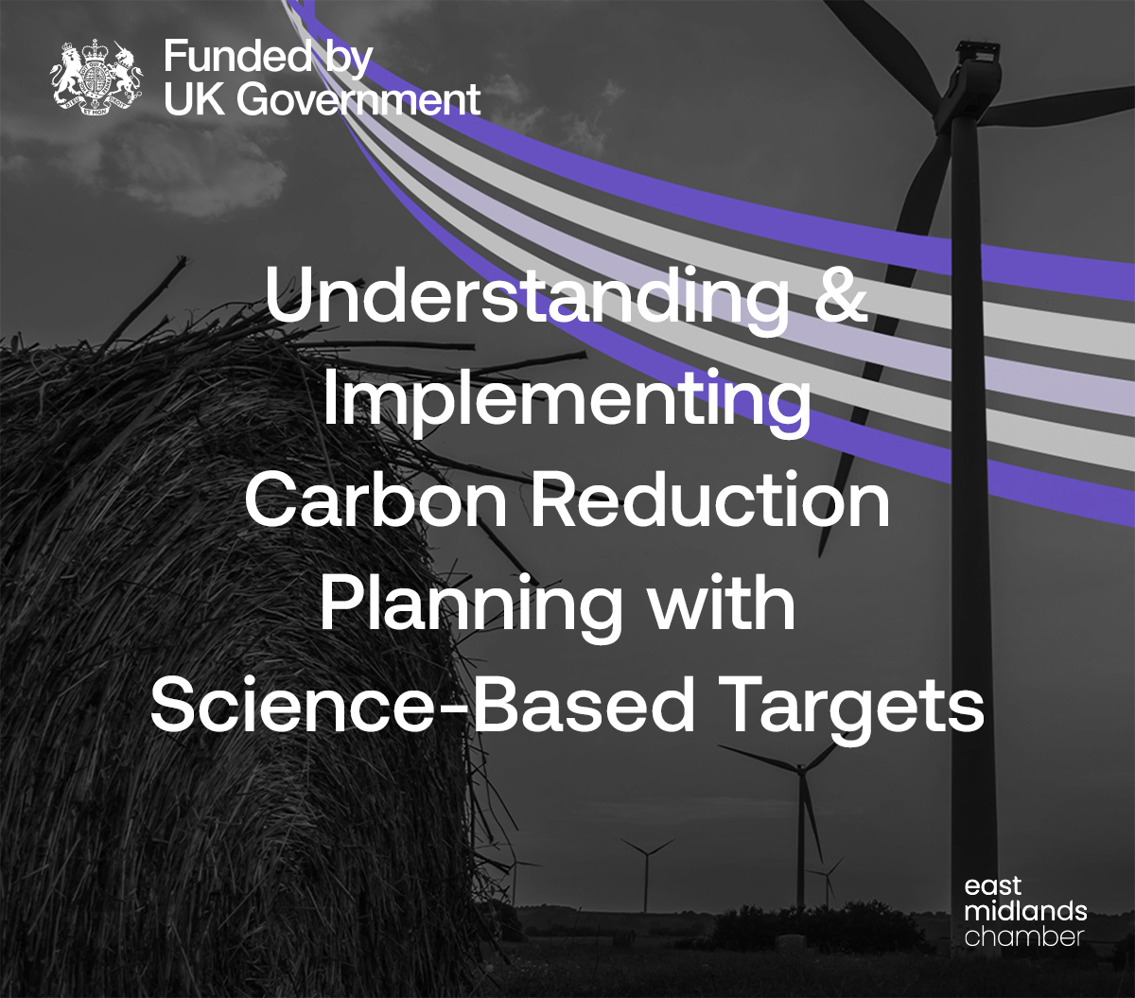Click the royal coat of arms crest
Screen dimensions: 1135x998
pyautogui.click(x=96, y=78)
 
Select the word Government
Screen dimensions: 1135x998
pyautogui.click(x=358, y=99)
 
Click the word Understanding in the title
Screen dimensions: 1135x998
pyautogui.click(x=527, y=295)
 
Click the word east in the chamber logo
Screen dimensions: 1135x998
pyautogui.click(x=993, y=887)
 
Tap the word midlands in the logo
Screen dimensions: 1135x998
pyautogui.click(x=1025, y=911)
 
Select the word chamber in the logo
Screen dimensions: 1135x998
pyautogui.click(x=1024, y=937)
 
